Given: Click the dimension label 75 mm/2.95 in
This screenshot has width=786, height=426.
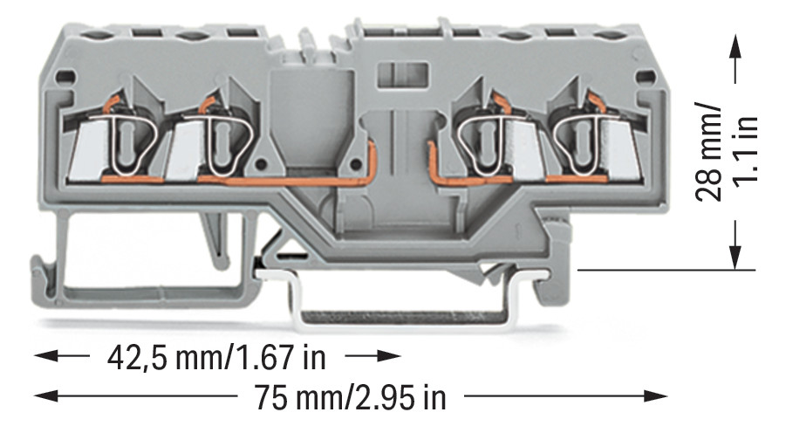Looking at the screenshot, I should coord(350,397).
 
